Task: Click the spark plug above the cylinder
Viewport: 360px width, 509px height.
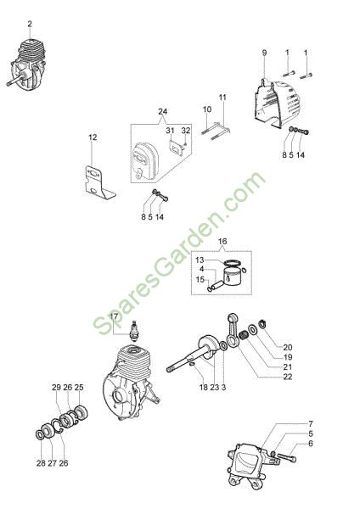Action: click(134, 331)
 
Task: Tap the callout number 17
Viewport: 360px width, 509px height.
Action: click(114, 316)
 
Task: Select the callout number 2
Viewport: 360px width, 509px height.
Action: click(30, 24)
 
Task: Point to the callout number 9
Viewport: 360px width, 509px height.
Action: click(264, 53)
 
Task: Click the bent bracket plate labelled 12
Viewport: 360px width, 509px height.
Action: click(98, 182)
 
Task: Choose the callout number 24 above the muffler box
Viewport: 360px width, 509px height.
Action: click(163, 111)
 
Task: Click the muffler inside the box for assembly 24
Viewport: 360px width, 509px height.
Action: click(144, 159)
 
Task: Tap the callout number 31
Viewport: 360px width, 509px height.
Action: click(171, 131)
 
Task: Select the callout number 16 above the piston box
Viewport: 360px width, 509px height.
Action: click(222, 241)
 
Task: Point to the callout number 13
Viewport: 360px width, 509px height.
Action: click(200, 260)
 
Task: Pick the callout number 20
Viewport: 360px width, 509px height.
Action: click(288, 347)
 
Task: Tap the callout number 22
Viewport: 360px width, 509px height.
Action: click(288, 377)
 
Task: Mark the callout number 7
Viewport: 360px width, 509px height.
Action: click(310, 423)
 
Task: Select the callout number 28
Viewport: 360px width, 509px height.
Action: click(41, 463)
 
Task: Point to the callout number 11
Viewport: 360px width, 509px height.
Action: click(222, 98)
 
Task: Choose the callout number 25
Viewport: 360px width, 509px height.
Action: click(79, 388)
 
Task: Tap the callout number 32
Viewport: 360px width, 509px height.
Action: click(186, 131)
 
